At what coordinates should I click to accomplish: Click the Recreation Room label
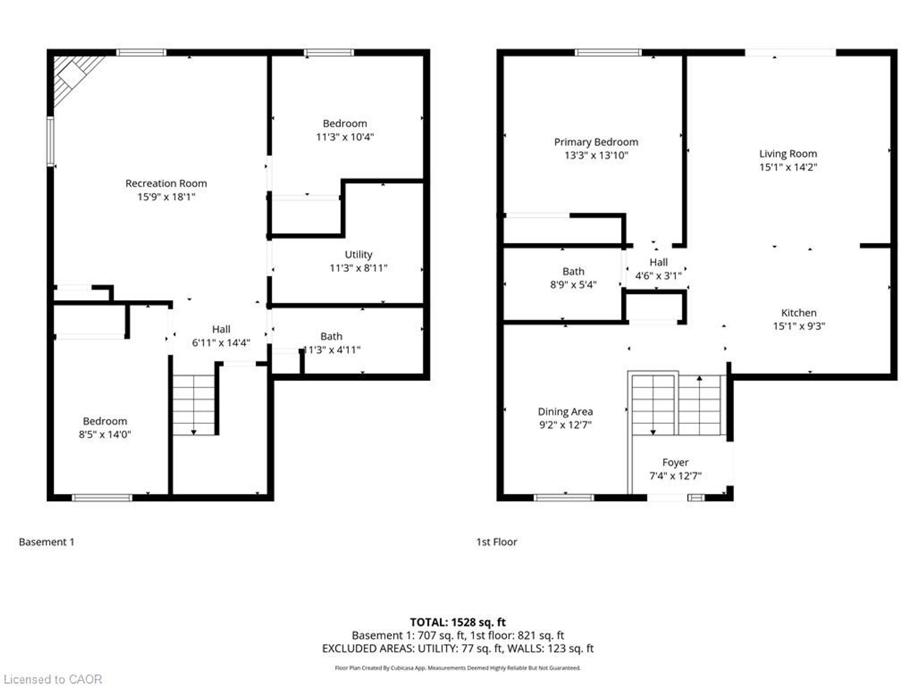[x=166, y=183]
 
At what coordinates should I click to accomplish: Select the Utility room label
[x=358, y=254]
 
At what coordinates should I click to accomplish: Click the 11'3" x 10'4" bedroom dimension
[x=345, y=137]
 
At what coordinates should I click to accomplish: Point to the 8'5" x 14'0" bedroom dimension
[x=105, y=434]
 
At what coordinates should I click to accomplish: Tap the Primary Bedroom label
[x=596, y=142]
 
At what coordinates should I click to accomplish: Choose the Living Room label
[x=788, y=154]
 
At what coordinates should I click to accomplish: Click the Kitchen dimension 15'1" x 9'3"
[x=799, y=326]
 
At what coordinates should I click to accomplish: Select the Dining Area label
[x=565, y=412]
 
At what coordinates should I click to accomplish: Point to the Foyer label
[x=675, y=463]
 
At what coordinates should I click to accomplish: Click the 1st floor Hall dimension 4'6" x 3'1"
[x=658, y=276]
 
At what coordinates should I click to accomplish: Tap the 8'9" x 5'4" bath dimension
[x=573, y=285]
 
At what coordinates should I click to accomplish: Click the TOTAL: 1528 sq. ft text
[x=458, y=622]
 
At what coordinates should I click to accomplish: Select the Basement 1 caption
[x=47, y=542]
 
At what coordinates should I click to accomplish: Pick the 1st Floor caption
[x=497, y=542]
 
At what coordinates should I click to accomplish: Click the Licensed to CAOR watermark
[x=53, y=679]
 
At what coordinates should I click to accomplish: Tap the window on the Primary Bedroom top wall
[x=608, y=52]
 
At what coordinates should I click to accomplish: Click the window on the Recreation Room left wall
[x=50, y=141]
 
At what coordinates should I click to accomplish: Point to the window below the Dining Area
[x=564, y=498]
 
